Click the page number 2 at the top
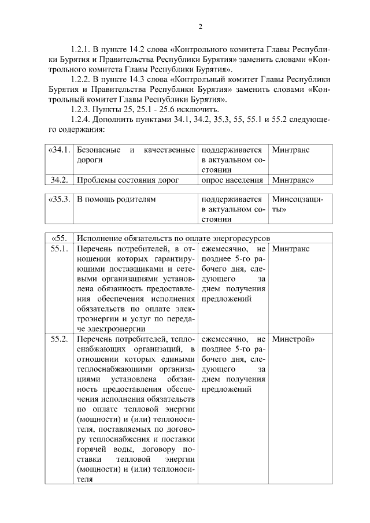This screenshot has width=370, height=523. pos(200,26)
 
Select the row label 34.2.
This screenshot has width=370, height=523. pos(60,180)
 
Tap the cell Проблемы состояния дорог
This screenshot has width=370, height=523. pos(128,180)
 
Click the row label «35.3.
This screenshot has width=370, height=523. pos(60,199)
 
